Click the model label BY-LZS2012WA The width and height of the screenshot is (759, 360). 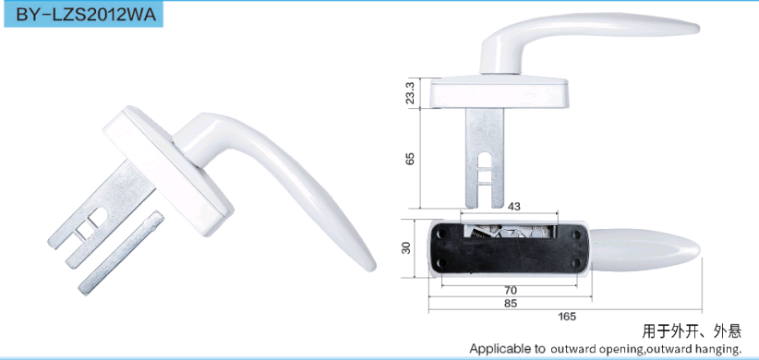click(x=86, y=15)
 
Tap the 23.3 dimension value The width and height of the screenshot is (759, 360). click(x=411, y=92)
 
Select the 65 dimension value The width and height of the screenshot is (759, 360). click(x=411, y=159)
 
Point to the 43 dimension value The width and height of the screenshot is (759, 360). click(x=514, y=207)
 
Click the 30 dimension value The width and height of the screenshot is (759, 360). click(x=406, y=247)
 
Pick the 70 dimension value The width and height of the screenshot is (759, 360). click(x=511, y=291)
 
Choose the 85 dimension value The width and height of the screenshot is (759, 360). click(x=511, y=304)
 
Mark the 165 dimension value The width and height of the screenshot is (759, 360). click(x=567, y=317)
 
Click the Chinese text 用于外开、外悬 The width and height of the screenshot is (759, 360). click(x=692, y=331)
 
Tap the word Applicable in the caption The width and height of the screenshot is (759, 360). click(x=494, y=349)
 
